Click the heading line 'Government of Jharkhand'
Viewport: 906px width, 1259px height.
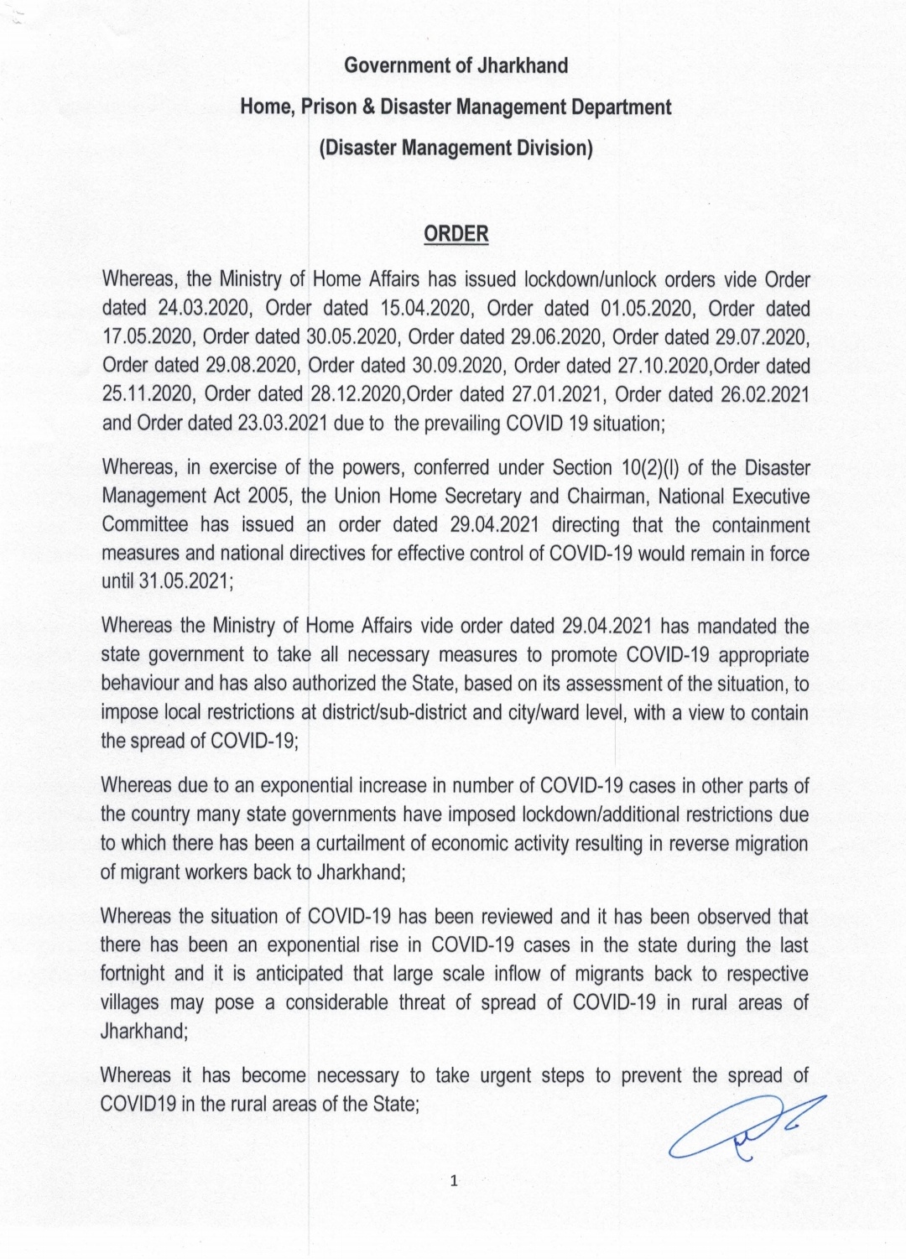[x=456, y=65]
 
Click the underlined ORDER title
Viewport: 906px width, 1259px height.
[x=456, y=233]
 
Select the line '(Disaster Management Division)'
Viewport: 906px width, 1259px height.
[x=456, y=148]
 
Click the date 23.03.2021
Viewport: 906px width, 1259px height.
[x=282, y=424]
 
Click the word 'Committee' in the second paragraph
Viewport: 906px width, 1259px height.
[x=145, y=525]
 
